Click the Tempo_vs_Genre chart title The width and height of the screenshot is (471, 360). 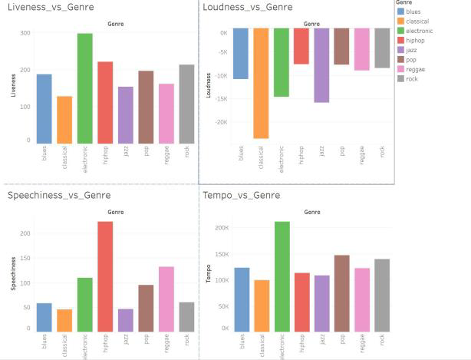[241, 195]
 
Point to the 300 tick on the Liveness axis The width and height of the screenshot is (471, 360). [25, 33]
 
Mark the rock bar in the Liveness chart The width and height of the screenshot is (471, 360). [186, 104]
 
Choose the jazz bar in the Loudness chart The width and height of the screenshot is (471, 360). [321, 65]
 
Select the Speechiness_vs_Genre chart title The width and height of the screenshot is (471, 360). [58, 195]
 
